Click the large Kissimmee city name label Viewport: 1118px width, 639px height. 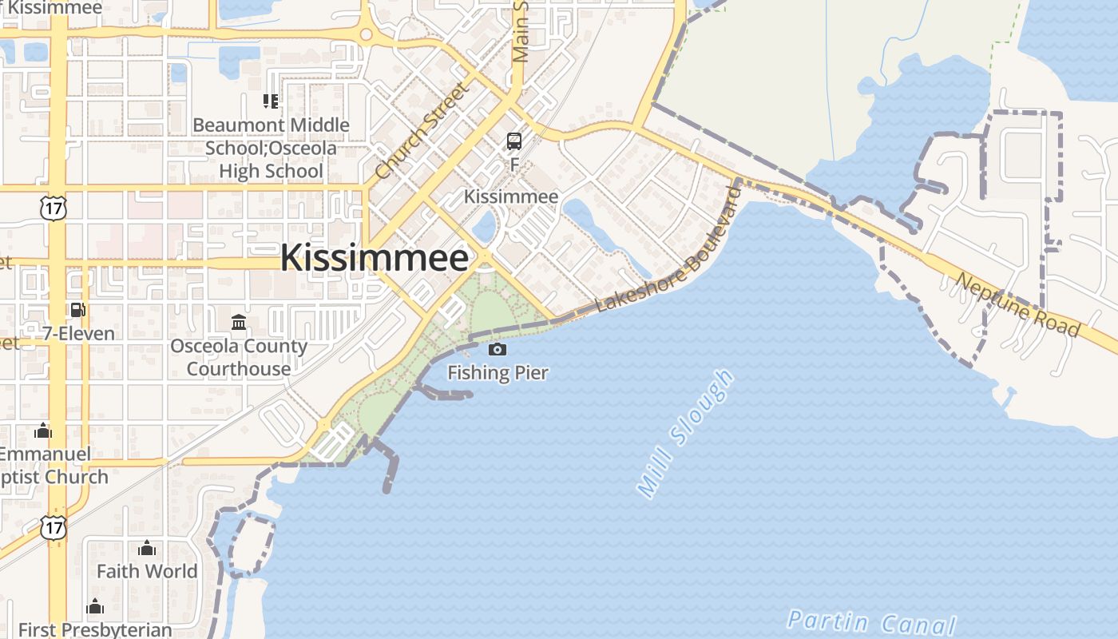pyautogui.click(x=374, y=258)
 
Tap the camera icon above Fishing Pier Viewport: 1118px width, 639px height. pyautogui.click(x=497, y=349)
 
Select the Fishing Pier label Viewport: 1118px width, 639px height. pyautogui.click(x=498, y=372)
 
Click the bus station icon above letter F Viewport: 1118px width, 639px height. pyautogui.click(x=514, y=141)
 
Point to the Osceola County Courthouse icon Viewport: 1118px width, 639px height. pyautogui.click(x=239, y=323)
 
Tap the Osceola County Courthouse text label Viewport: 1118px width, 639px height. pyautogui.click(x=239, y=357)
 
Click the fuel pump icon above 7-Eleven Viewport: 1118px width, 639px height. pyautogui.click(x=77, y=310)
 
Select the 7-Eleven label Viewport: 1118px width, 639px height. pyautogui.click(x=79, y=333)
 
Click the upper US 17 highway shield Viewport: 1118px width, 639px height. pyautogui.click(x=54, y=208)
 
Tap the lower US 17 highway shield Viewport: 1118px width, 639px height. pyautogui.click(x=54, y=526)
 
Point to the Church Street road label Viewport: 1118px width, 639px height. pyautogui.click(x=419, y=131)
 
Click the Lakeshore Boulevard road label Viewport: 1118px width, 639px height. pyautogui.click(x=669, y=252)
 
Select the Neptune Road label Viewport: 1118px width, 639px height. pyautogui.click(x=1017, y=305)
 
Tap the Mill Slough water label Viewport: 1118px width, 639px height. pyautogui.click(x=684, y=433)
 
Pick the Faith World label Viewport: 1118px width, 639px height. pyautogui.click(x=147, y=571)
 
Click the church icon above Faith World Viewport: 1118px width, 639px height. pyautogui.click(x=147, y=549)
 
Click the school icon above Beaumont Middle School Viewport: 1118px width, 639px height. pyautogui.click(x=271, y=101)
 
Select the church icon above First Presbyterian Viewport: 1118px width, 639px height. pyautogui.click(x=95, y=607)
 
